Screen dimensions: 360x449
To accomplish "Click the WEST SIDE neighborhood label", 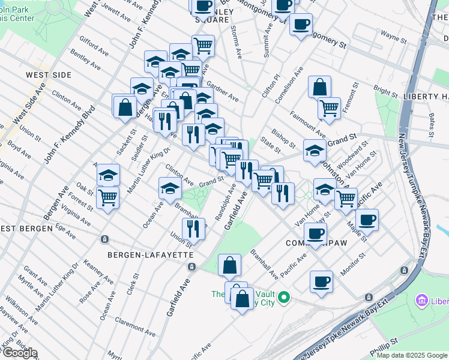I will [x=49, y=75].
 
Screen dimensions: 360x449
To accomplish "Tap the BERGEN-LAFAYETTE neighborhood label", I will [x=150, y=255].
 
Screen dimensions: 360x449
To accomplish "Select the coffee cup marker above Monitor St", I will [x=322, y=281].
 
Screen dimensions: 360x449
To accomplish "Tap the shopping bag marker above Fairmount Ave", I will [x=320, y=87].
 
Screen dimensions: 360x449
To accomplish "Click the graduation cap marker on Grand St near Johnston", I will [x=314, y=151].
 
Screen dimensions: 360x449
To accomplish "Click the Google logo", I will [x=20, y=353].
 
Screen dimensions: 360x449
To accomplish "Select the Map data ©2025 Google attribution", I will [x=411, y=355].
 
